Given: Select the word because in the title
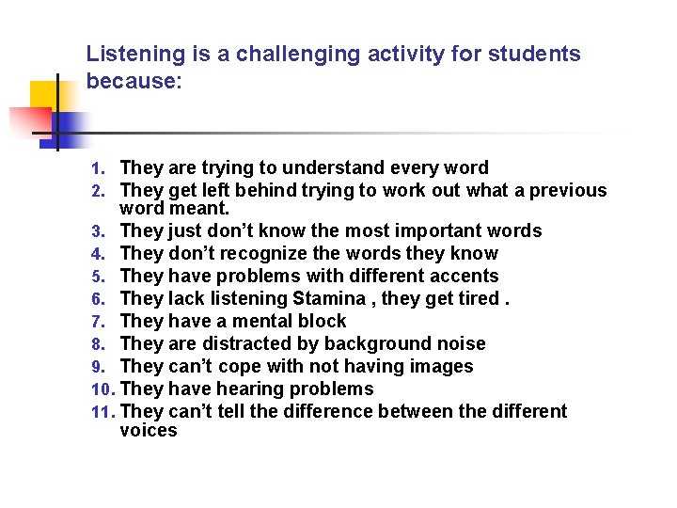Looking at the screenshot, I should pos(130,81).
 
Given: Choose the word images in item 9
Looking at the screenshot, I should pos(442,366).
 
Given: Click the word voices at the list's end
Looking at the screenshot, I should pos(149,431).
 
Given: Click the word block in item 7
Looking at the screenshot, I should pos(322,321).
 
